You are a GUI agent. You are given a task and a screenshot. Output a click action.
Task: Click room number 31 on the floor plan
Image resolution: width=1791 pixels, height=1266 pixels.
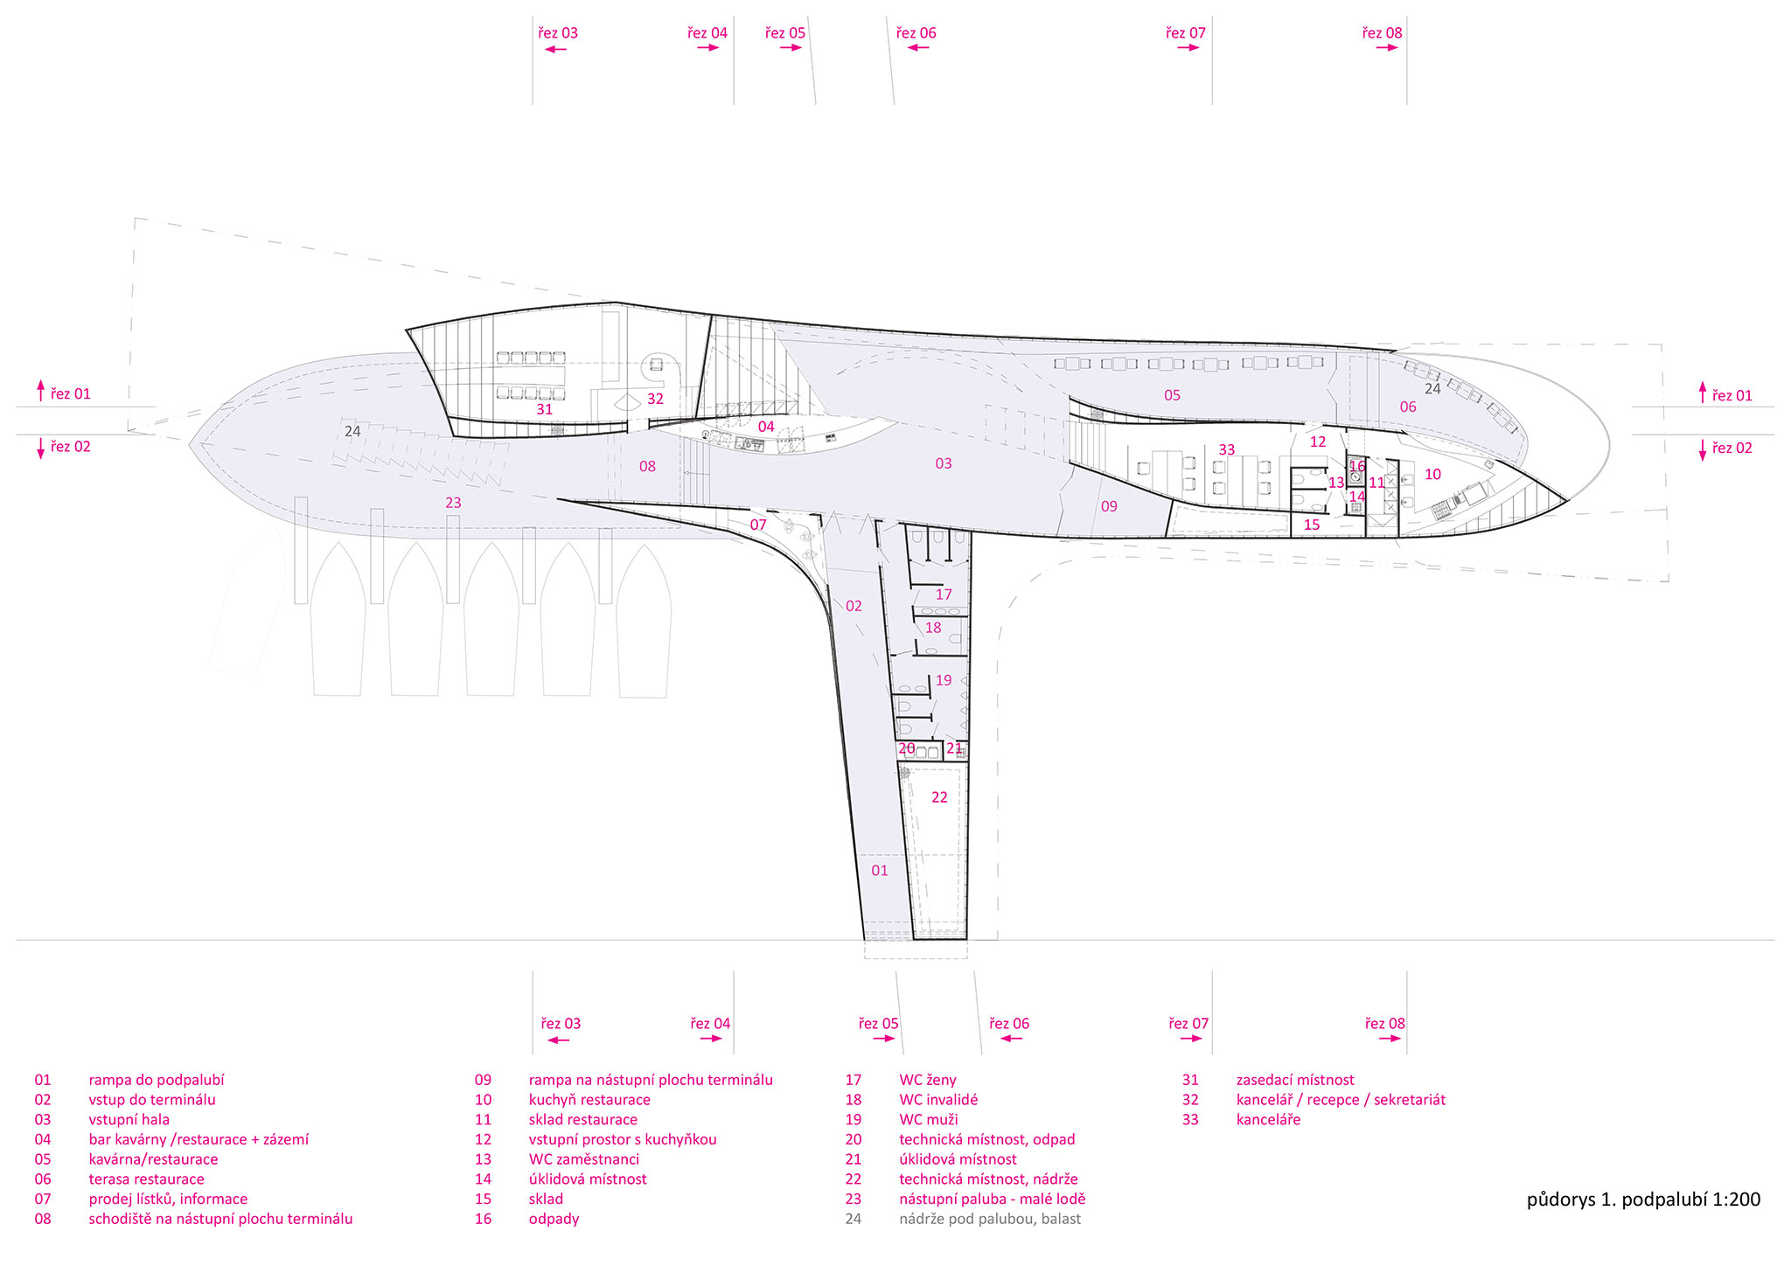point(545,409)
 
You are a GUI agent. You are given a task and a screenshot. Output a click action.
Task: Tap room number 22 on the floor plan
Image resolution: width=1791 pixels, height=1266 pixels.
point(939,797)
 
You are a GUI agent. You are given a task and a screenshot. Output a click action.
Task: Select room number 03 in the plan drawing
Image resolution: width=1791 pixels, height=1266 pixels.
point(944,463)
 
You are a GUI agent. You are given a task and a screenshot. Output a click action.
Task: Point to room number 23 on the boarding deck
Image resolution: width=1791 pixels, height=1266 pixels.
point(453,503)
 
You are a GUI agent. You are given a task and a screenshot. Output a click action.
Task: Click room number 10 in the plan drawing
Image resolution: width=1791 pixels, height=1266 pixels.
point(1432,474)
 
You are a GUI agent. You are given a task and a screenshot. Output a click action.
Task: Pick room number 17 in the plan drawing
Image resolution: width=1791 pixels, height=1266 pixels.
point(944,595)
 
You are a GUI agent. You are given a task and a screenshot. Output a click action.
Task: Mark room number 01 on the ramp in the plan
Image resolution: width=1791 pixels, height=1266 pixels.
point(880,870)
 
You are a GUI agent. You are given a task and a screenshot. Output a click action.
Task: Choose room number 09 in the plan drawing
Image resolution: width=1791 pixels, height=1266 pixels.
point(1109,506)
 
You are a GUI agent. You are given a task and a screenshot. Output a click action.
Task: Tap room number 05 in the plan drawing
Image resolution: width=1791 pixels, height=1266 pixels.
point(1172,395)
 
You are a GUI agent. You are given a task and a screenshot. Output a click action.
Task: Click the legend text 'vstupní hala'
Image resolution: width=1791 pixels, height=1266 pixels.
point(129,1119)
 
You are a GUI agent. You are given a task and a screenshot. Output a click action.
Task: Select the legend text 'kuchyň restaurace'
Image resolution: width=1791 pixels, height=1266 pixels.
point(589,1100)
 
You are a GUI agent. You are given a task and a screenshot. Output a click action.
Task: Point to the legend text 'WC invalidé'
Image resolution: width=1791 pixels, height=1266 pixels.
point(938,1100)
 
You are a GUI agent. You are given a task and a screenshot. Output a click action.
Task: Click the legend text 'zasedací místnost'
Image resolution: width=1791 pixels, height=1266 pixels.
point(1295,1080)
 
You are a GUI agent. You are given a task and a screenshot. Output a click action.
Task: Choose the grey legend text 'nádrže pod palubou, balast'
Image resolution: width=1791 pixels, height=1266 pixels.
point(990,1219)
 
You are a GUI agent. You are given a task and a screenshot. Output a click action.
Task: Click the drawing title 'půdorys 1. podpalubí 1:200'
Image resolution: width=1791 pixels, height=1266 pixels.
point(1644,1200)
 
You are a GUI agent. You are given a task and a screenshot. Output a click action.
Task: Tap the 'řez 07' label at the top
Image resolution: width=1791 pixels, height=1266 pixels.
point(1186,33)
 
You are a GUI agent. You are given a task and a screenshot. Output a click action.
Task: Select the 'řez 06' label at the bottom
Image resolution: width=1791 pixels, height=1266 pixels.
point(1009,1024)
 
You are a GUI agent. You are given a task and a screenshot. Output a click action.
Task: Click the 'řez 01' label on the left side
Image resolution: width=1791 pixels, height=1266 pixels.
point(70,394)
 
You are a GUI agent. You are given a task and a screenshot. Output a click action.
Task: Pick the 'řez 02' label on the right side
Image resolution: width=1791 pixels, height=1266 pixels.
point(1732,448)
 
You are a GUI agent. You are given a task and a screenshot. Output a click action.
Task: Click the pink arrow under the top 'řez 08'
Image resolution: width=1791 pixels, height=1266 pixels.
point(1387,48)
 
